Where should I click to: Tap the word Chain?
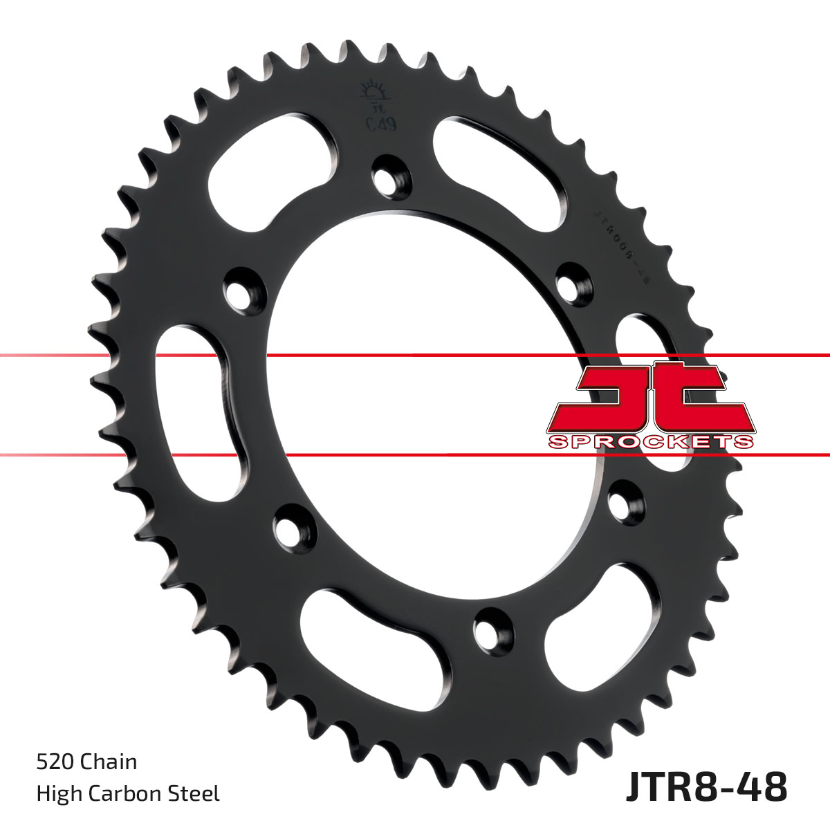[109, 762]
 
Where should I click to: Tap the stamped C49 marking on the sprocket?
[376, 125]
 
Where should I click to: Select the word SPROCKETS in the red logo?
[650, 442]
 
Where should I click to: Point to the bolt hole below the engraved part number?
[573, 284]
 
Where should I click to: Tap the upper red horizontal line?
[415, 356]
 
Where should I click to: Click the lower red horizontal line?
[415, 455]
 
